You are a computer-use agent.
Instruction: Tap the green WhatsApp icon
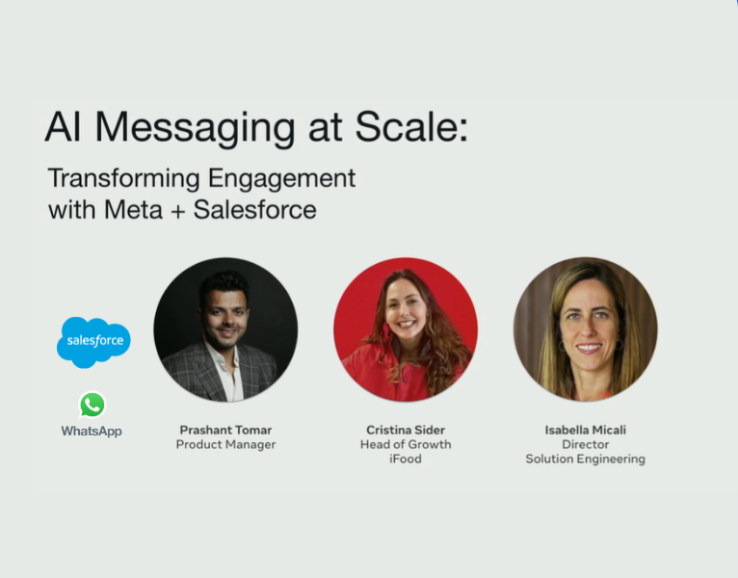click(92, 405)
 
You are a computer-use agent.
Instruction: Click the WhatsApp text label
click(92, 431)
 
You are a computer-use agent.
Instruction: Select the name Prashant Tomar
click(225, 430)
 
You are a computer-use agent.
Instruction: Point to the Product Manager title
click(225, 445)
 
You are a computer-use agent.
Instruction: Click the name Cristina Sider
click(406, 430)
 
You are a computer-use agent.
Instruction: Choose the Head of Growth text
click(406, 445)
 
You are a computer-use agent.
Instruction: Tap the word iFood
click(406, 460)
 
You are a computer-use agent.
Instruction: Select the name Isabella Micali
click(585, 430)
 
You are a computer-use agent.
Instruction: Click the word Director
click(585, 445)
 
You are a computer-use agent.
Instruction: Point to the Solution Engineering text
click(585, 460)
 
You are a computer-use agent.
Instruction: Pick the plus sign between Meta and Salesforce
click(174, 210)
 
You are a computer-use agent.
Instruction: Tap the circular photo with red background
click(406, 329)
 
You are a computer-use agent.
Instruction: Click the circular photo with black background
click(225, 329)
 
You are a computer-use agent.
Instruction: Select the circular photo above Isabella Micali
click(585, 329)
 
